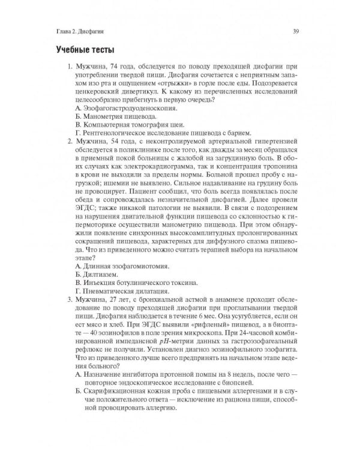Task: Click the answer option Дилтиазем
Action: pyautogui.click(x=97, y=274)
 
